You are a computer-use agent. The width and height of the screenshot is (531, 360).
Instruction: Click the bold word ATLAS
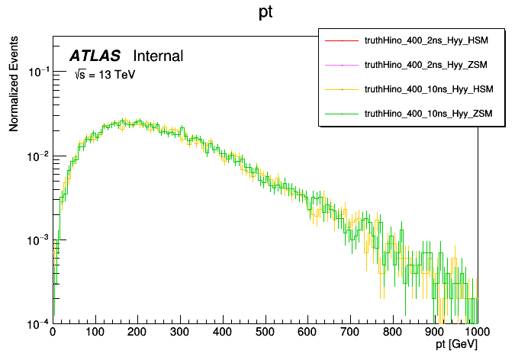[x=95, y=56]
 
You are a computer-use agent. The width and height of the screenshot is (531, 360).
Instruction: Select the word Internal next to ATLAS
[x=158, y=56]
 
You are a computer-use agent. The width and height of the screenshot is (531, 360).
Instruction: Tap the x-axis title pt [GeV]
[x=457, y=346]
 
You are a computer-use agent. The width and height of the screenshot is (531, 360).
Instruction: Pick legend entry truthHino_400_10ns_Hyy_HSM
[x=429, y=89]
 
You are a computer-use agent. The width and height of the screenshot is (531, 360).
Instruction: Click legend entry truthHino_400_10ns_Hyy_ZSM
[x=429, y=114]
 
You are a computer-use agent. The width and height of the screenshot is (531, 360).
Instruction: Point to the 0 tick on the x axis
[x=53, y=333]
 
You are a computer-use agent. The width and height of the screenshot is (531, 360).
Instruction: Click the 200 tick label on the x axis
[x=137, y=333]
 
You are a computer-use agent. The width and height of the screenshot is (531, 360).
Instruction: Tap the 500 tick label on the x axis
[x=265, y=333]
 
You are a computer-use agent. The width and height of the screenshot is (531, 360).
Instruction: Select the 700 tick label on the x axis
[x=350, y=333]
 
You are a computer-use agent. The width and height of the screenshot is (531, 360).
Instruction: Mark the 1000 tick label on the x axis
[x=478, y=333]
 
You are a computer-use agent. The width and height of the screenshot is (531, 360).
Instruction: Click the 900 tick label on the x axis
[x=435, y=333]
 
